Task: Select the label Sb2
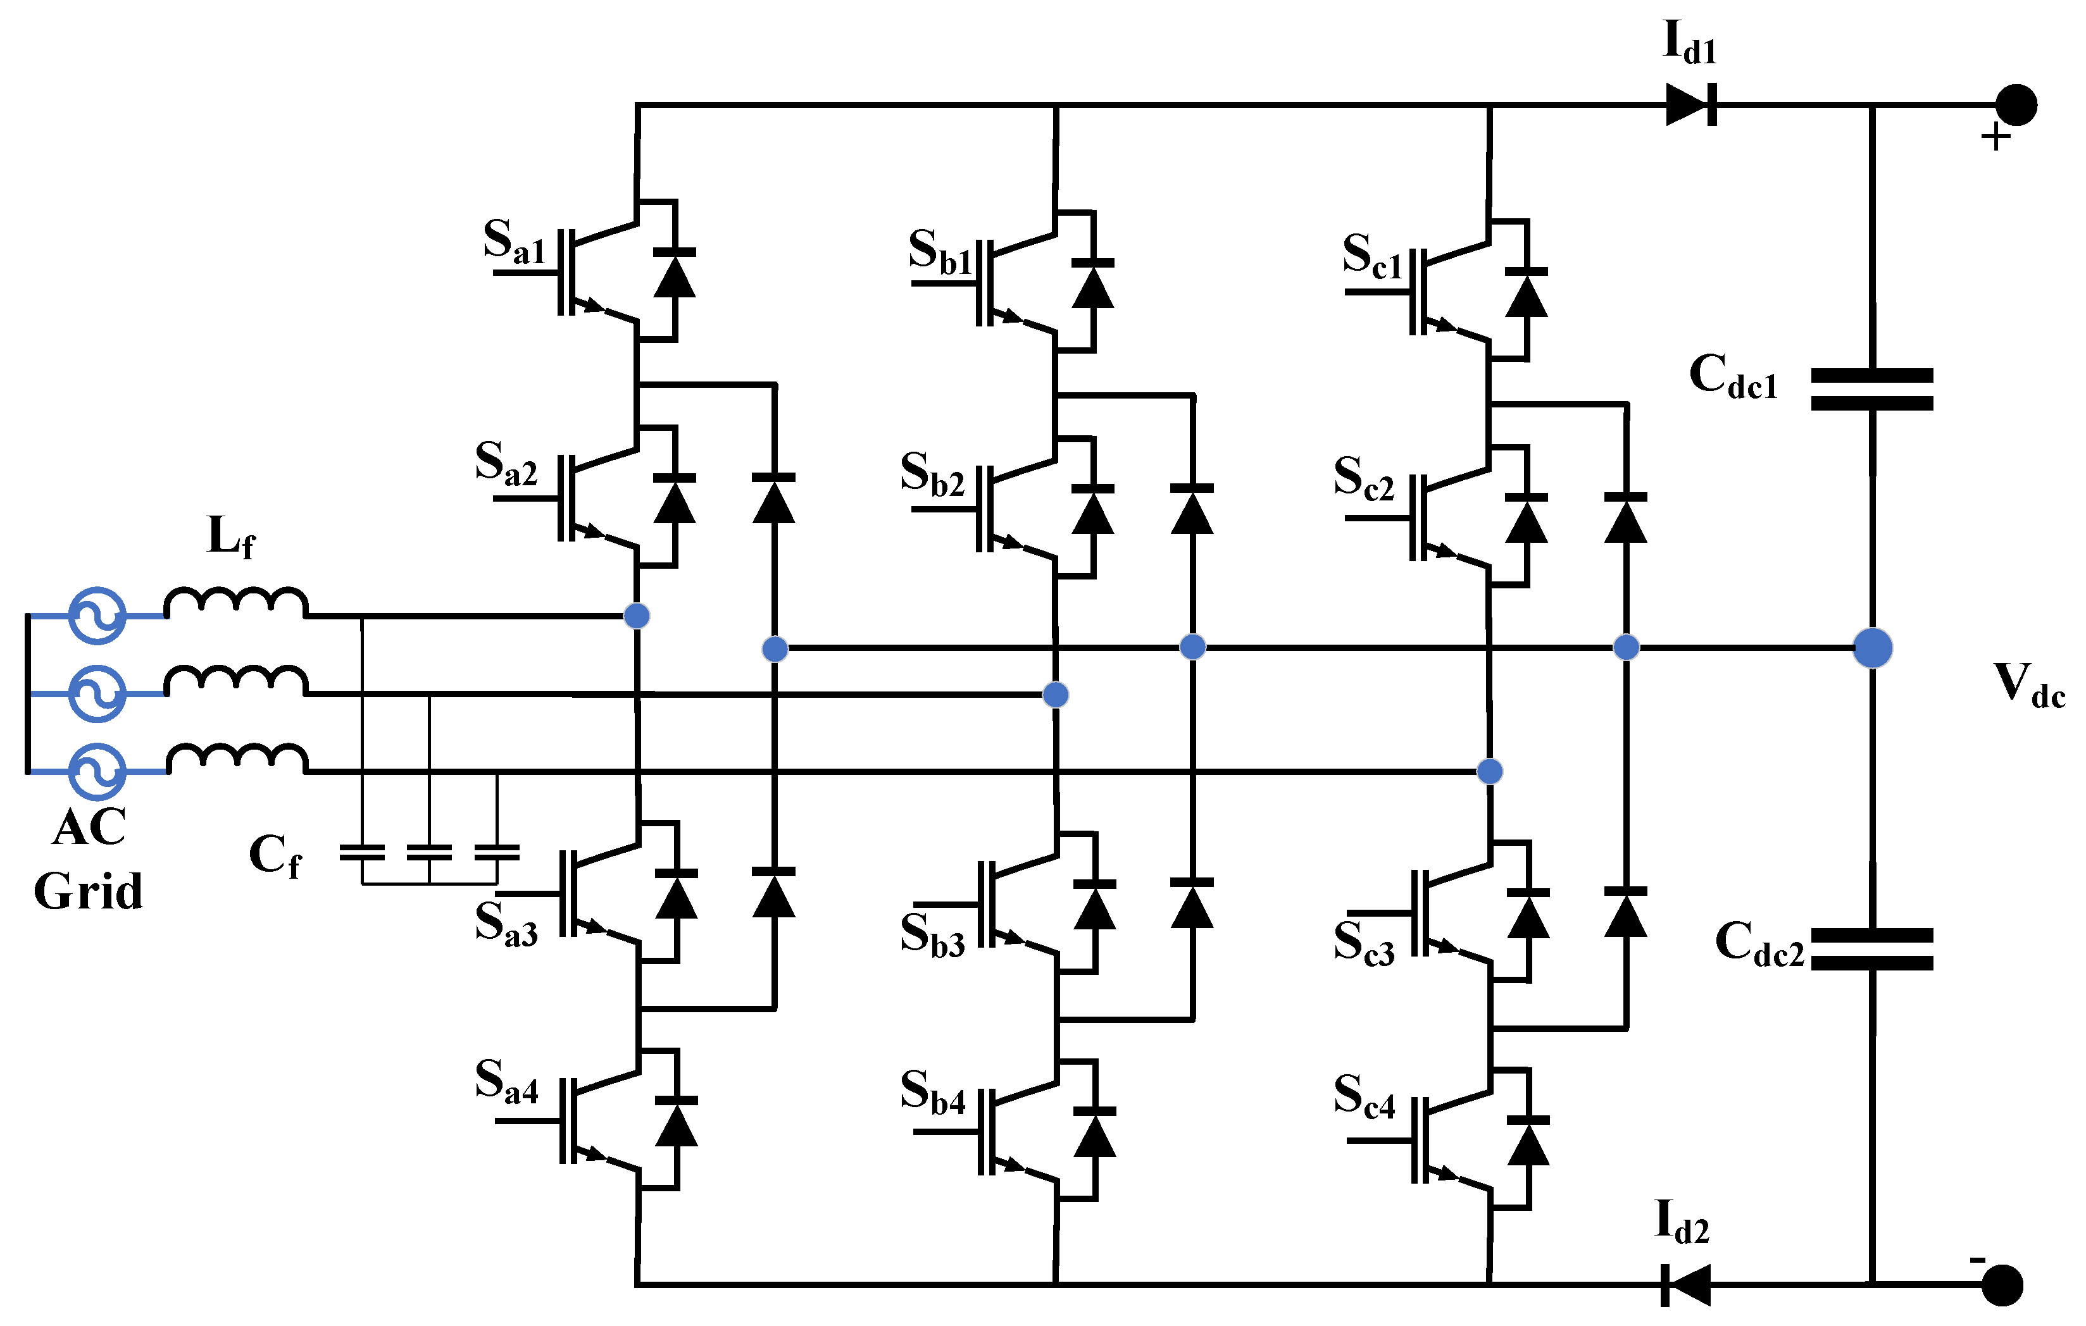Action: pyautogui.click(x=932, y=474)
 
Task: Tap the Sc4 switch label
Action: pyautogui.click(x=1365, y=1096)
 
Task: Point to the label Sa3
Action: pyautogui.click(x=506, y=923)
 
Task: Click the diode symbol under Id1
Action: pyautogui.click(x=1691, y=105)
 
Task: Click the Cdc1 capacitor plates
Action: pyautogui.click(x=1872, y=389)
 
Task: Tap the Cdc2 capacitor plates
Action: pyautogui.click(x=1872, y=949)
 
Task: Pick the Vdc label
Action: pyautogui.click(x=2030, y=686)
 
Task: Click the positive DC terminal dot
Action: pyautogui.click(x=2016, y=106)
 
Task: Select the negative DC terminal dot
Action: pyautogui.click(x=2002, y=1286)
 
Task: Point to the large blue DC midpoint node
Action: pyautogui.click(x=1872, y=648)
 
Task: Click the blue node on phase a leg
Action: pyautogui.click(x=637, y=616)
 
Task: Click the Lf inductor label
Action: pyautogui.click(x=231, y=537)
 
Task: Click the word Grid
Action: pyautogui.click(x=89, y=892)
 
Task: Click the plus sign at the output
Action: pyautogui.click(x=1996, y=137)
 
